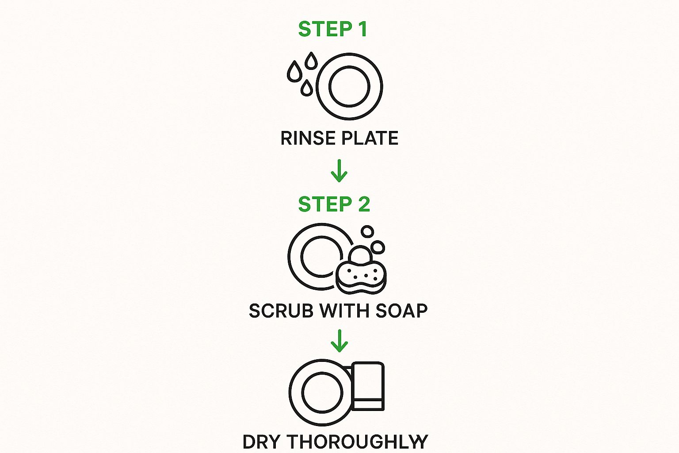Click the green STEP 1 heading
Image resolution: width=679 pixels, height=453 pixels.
(x=333, y=29)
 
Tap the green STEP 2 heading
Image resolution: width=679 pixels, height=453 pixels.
(x=334, y=204)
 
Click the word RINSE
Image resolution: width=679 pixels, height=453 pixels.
(x=308, y=138)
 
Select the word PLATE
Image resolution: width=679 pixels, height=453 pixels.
(x=370, y=138)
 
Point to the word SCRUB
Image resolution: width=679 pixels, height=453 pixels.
(x=281, y=311)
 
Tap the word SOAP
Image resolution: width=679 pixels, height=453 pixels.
(x=402, y=311)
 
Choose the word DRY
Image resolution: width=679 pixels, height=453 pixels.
(x=261, y=442)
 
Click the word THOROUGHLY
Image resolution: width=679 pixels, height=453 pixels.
(x=357, y=442)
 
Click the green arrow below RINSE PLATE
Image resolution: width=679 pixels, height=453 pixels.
(x=339, y=171)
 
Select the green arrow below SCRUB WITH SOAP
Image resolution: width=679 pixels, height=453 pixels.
(x=339, y=341)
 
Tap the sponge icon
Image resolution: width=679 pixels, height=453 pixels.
(x=361, y=278)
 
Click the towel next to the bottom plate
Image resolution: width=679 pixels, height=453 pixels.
(x=368, y=386)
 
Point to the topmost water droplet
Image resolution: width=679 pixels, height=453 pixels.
(x=311, y=60)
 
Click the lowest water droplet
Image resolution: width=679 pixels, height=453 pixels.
(x=307, y=88)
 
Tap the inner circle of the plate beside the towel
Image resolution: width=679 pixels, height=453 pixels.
(x=302, y=393)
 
